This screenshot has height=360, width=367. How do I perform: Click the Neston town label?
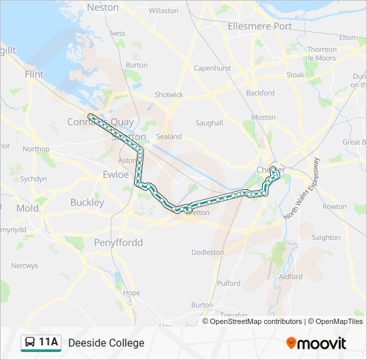click(x=103, y=7)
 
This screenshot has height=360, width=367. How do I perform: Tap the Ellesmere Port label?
click(x=260, y=26)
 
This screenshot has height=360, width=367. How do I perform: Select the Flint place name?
click(x=33, y=75)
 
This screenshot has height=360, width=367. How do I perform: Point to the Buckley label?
click(x=87, y=202)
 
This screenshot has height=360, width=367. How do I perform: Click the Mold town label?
click(x=27, y=208)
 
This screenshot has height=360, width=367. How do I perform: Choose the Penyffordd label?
click(x=118, y=242)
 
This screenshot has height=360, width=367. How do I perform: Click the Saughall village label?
click(x=209, y=123)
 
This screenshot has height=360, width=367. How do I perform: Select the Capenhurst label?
click(x=212, y=68)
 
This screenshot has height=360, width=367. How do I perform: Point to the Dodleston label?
click(x=208, y=253)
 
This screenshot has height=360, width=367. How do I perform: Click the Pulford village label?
click(x=229, y=283)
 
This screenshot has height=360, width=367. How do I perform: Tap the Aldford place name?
click(x=291, y=277)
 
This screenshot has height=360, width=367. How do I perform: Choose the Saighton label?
click(x=326, y=237)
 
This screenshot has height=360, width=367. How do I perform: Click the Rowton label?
click(x=334, y=207)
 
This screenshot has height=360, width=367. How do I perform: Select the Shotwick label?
click(x=169, y=95)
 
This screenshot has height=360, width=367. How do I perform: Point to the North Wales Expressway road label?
click(x=302, y=189)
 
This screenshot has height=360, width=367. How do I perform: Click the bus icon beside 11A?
click(x=30, y=343)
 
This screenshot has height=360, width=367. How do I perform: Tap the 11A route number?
click(x=48, y=343)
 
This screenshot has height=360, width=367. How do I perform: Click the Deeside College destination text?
click(x=106, y=343)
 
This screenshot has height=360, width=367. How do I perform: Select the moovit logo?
click(x=316, y=343)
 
